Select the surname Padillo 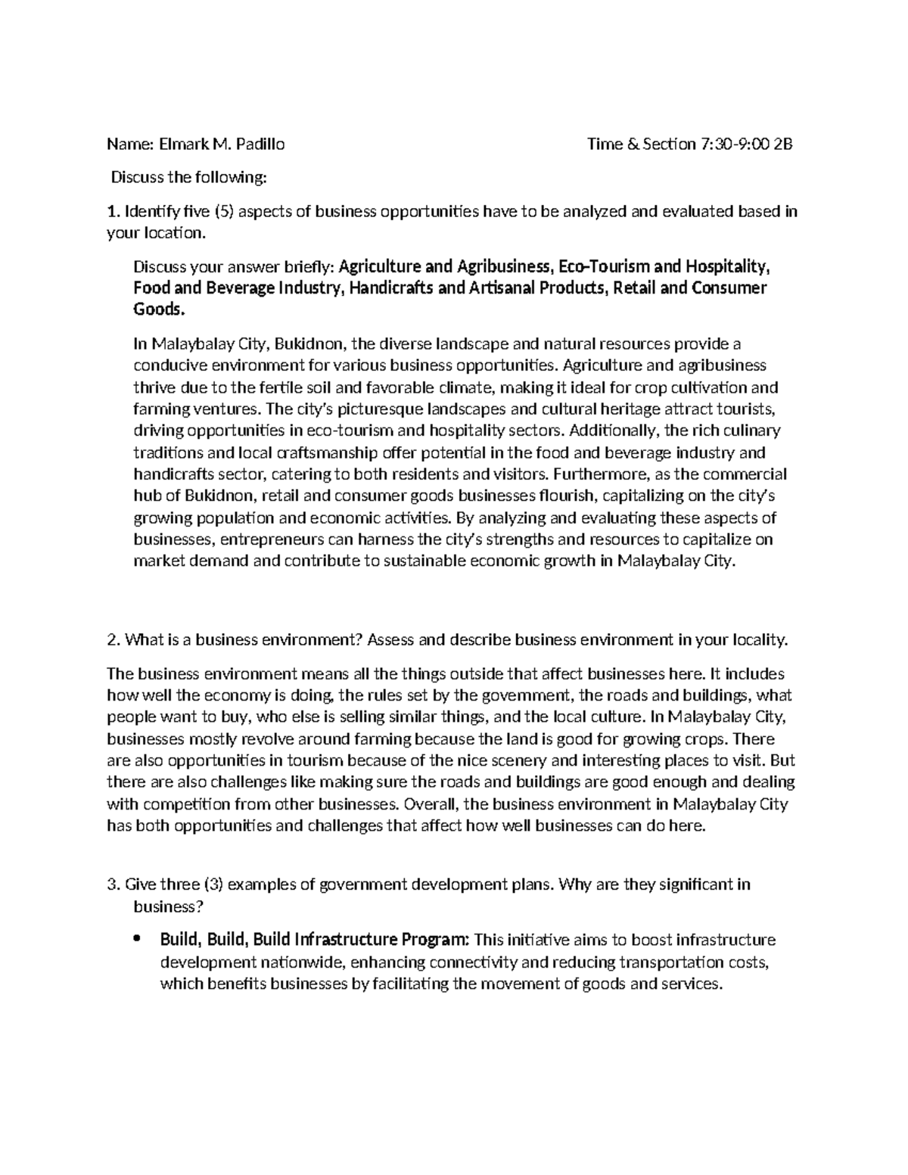[x=259, y=144]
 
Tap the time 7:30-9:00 [x=733, y=144]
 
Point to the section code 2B [x=782, y=144]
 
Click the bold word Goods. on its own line [x=158, y=310]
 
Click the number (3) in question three [x=212, y=884]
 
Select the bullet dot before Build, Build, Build [x=136, y=940]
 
